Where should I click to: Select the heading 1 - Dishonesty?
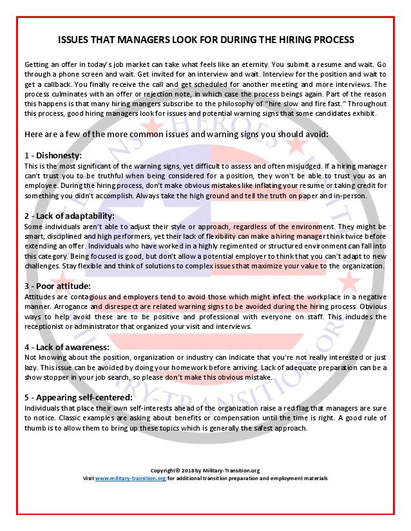tap(53, 155)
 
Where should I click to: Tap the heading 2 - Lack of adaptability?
tap(69, 216)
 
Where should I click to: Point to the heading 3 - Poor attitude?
tap(57, 285)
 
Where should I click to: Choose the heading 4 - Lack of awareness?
tap(68, 346)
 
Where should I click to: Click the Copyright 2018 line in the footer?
tap(205, 471)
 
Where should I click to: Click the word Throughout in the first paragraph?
tap(366, 103)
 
